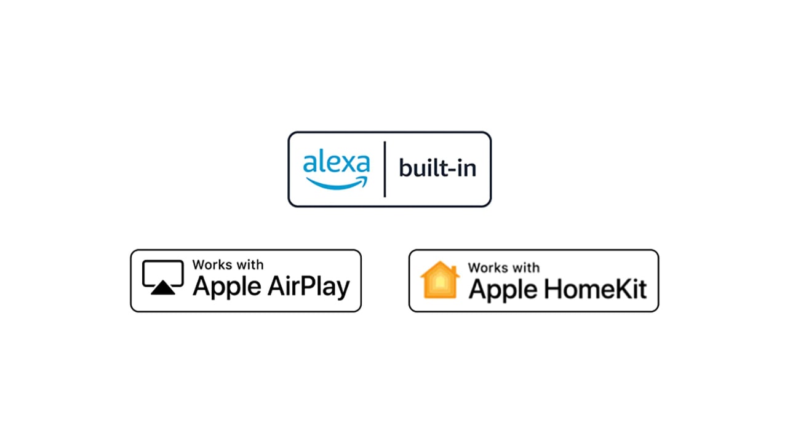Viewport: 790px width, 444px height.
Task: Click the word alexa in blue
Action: click(x=337, y=163)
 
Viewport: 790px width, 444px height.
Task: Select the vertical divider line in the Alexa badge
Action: click(x=385, y=169)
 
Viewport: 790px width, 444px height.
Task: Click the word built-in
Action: click(x=437, y=167)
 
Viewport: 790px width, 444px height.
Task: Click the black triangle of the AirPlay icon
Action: click(x=163, y=287)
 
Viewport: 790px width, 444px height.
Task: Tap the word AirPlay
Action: click(x=309, y=287)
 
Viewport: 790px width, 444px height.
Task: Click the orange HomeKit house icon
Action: click(x=440, y=280)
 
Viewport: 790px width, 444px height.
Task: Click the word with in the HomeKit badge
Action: click(x=526, y=268)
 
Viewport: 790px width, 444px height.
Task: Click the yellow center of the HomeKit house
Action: click(x=440, y=283)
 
